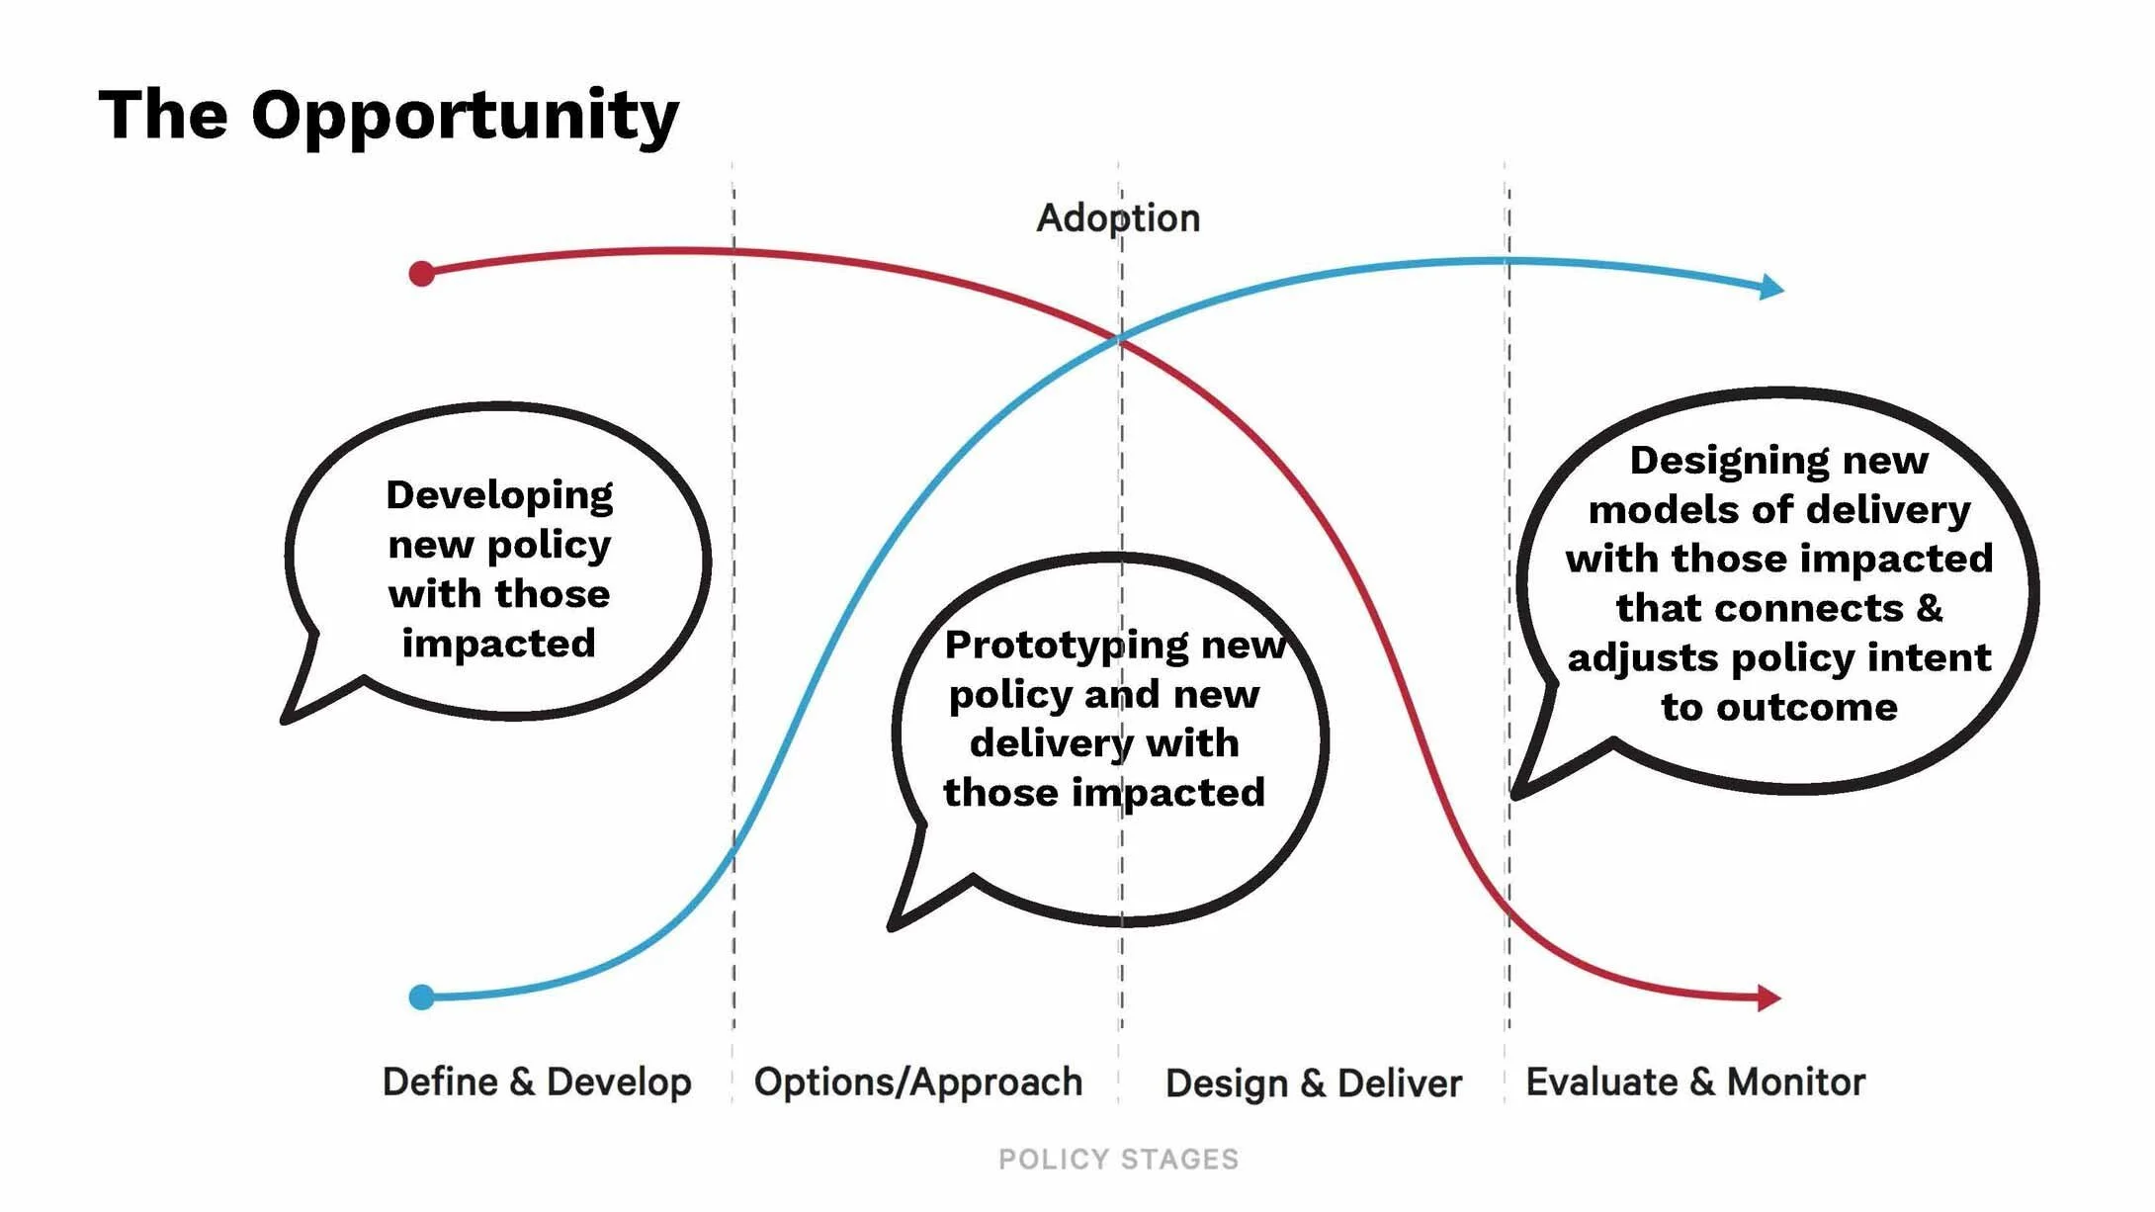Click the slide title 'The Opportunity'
(x=388, y=116)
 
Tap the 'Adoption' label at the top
(x=1118, y=218)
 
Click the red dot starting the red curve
(x=422, y=274)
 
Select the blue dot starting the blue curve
(x=422, y=996)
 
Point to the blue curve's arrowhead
(x=1772, y=288)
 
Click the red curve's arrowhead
(x=1769, y=998)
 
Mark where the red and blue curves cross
(x=1120, y=339)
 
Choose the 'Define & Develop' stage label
(x=537, y=1082)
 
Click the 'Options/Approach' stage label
(x=918, y=1082)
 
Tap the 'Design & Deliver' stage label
(x=1314, y=1083)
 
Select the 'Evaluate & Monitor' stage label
(x=1695, y=1082)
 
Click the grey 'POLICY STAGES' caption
(x=1118, y=1159)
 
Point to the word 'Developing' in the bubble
(x=499, y=495)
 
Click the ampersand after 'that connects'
(x=1929, y=608)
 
